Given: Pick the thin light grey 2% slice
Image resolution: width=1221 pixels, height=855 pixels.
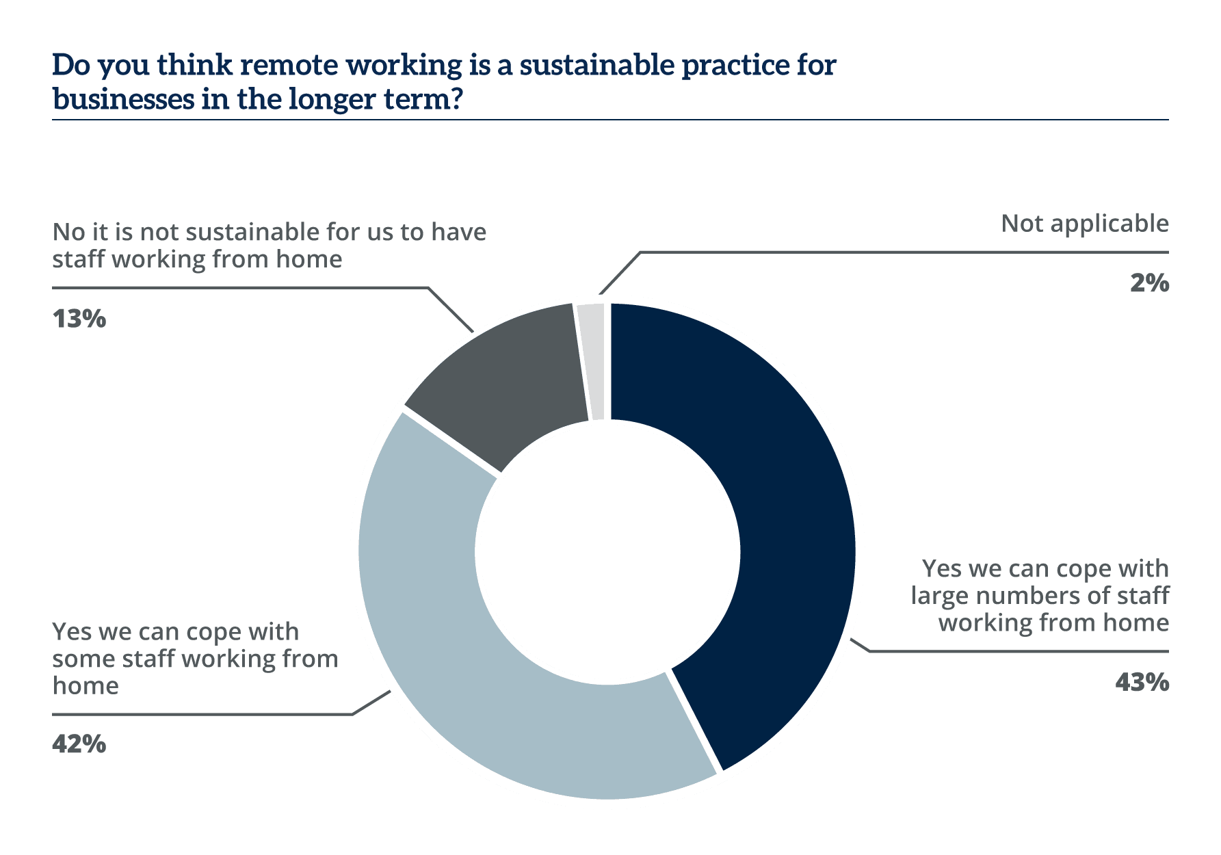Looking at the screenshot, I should click(x=593, y=363).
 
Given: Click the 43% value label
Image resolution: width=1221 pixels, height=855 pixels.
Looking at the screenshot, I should click(x=1142, y=682).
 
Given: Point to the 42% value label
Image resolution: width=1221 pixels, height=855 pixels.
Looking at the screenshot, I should click(x=79, y=744).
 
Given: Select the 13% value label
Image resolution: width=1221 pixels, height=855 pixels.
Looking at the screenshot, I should click(x=79, y=318).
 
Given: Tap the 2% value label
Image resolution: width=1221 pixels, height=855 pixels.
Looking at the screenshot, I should click(x=1149, y=282).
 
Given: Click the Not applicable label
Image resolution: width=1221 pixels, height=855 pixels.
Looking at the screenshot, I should click(x=1085, y=224).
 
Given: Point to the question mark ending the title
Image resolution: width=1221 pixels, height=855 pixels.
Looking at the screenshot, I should click(x=456, y=100).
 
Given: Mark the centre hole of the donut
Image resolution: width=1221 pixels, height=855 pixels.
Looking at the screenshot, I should click(x=608, y=551).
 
